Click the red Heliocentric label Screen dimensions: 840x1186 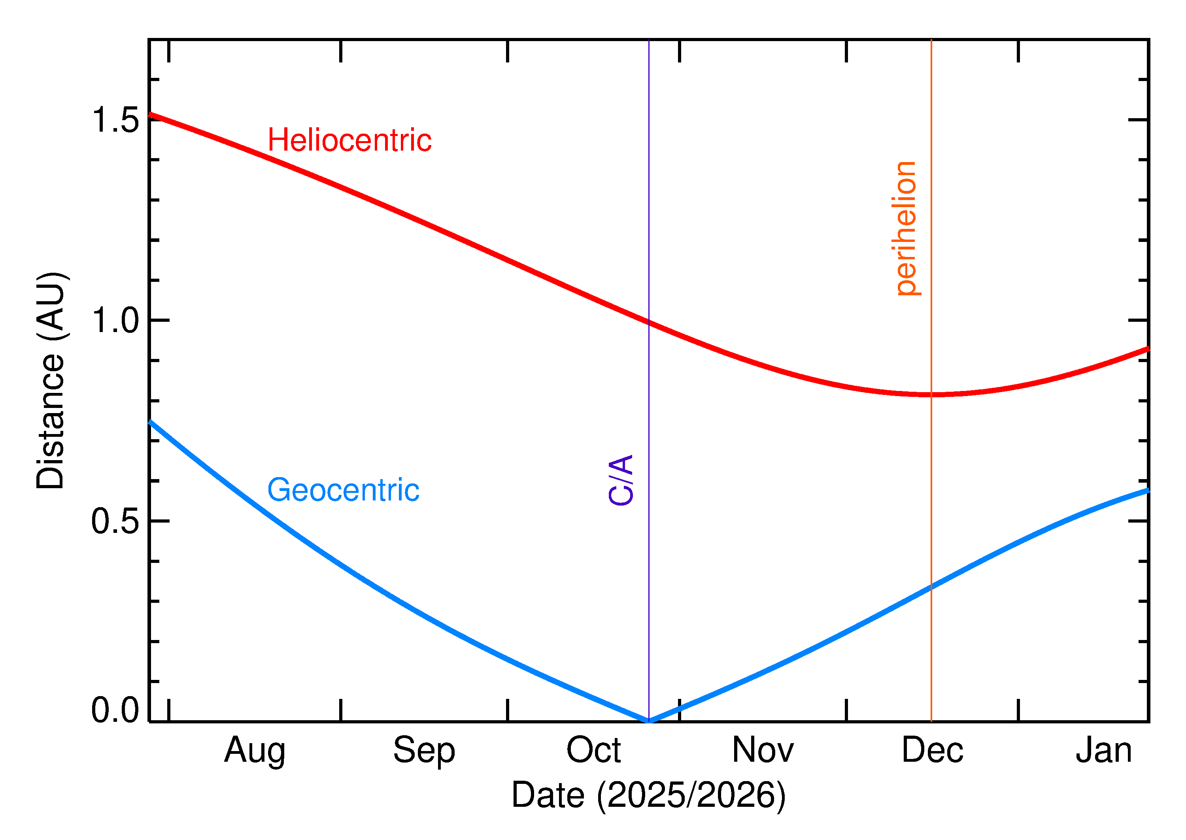(x=349, y=140)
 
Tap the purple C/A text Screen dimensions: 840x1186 (x=621, y=480)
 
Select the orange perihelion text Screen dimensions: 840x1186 (x=906, y=228)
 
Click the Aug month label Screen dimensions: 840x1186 (x=255, y=751)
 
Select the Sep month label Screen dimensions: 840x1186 (x=424, y=751)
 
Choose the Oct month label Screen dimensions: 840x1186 (x=593, y=751)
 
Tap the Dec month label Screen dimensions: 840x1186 (x=932, y=751)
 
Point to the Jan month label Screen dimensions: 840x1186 (x=1103, y=751)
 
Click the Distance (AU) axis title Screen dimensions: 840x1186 (x=50, y=380)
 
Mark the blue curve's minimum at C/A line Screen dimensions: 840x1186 (x=649, y=721)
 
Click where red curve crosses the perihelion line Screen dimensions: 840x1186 (x=931, y=394)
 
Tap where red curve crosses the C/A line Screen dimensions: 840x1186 (x=649, y=322)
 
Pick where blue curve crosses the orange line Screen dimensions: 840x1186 (x=931, y=587)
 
